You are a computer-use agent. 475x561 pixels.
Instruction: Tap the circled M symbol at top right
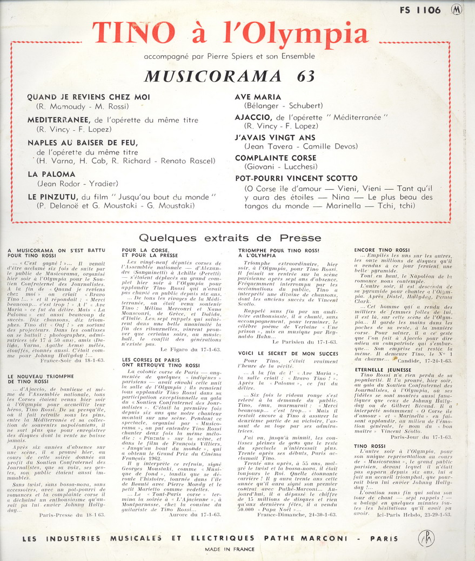pyautogui.click(x=457, y=9)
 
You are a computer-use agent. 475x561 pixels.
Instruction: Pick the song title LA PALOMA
pyautogui.click(x=51, y=174)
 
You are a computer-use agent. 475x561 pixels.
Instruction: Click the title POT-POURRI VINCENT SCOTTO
pyautogui.click(x=296, y=178)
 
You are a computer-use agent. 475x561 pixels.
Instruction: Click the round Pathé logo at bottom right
pyautogui.click(x=427, y=538)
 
